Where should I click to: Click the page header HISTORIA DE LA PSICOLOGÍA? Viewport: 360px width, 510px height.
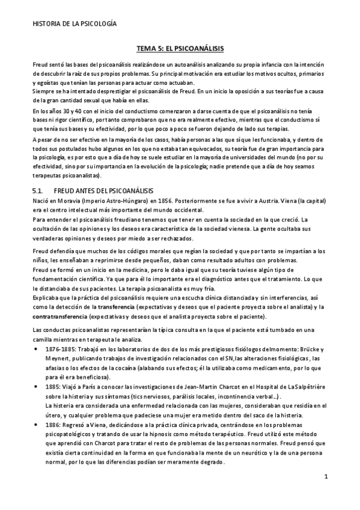click(x=75, y=24)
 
